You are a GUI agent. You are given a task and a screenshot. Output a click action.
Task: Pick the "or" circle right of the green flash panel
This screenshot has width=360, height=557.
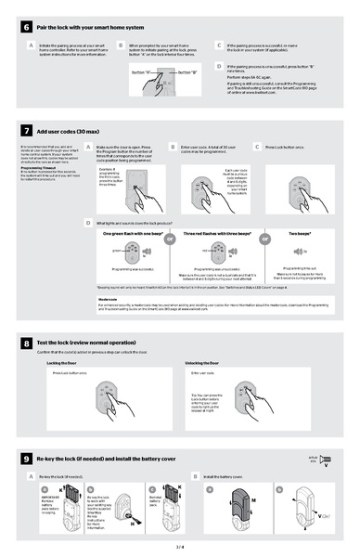[x=170, y=239]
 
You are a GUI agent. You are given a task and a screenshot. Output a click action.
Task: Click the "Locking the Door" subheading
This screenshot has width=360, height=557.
[x=61, y=363]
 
